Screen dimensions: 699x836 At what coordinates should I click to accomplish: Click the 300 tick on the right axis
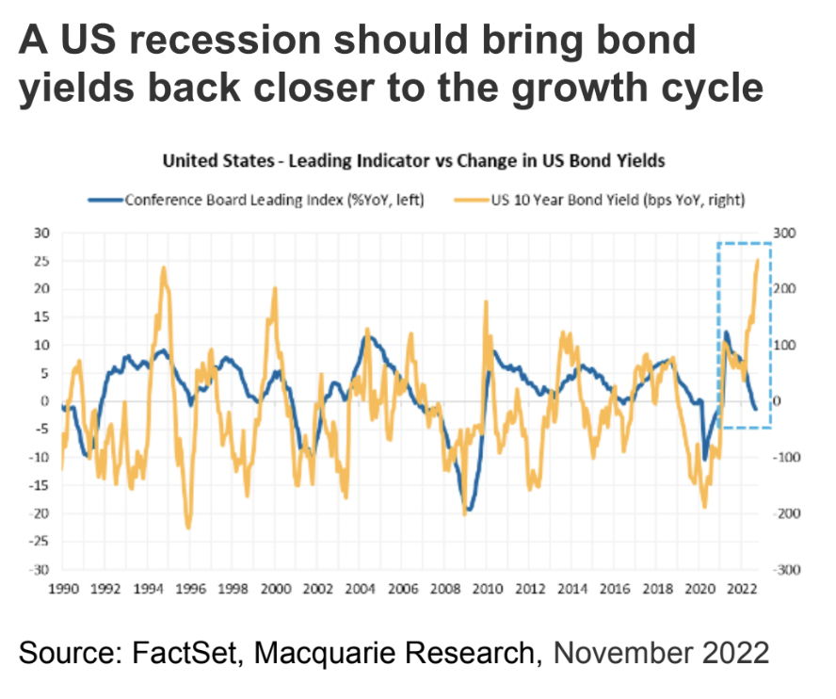coord(785,232)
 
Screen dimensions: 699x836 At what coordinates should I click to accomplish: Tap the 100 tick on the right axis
coord(785,345)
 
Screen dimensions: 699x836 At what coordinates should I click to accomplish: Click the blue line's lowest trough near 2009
coord(468,510)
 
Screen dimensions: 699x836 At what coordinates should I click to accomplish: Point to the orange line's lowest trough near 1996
coord(188,528)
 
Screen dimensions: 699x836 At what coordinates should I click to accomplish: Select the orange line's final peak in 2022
coord(757,260)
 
